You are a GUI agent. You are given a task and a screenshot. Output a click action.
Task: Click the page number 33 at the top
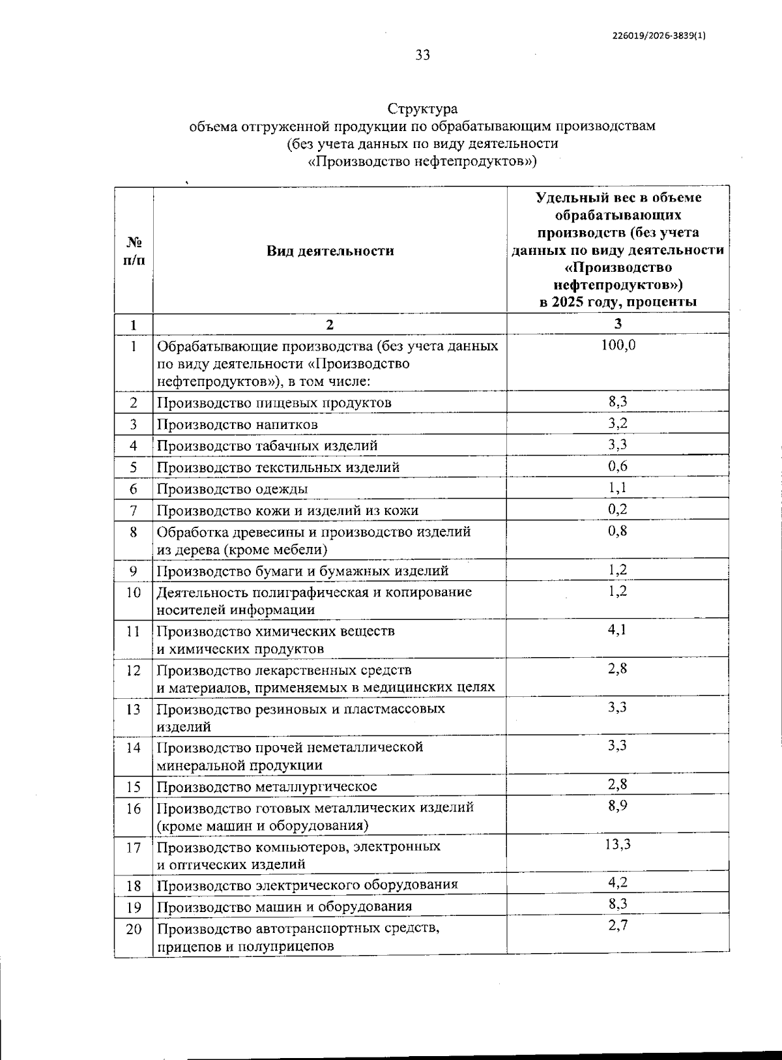click(x=423, y=55)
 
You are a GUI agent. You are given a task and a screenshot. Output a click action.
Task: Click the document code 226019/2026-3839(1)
click(x=659, y=36)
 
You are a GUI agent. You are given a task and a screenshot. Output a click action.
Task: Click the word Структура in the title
click(x=422, y=109)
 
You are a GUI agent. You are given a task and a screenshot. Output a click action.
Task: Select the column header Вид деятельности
click(x=330, y=251)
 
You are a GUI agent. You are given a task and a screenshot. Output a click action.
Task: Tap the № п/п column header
click(x=134, y=251)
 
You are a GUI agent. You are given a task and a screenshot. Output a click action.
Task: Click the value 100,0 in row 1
click(x=618, y=345)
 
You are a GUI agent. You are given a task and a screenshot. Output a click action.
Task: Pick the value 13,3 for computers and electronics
click(x=618, y=845)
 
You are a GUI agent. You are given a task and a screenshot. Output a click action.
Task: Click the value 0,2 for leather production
click(x=618, y=509)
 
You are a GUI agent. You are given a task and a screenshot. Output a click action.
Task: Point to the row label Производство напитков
click(x=237, y=424)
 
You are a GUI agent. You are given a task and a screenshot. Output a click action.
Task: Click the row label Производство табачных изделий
click(x=267, y=446)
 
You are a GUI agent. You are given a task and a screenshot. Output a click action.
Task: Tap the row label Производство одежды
click(x=232, y=489)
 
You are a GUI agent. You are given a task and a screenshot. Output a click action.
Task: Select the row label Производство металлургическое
click(x=267, y=787)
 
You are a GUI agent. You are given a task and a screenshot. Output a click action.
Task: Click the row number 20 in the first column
click(x=134, y=929)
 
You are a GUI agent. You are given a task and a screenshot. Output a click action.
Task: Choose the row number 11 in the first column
click(x=134, y=632)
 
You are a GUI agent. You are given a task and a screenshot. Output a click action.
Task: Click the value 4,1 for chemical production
click(x=618, y=630)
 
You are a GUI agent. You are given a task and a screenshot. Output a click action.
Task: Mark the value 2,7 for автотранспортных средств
click(x=618, y=925)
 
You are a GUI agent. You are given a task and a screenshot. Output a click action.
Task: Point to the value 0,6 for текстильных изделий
click(x=618, y=466)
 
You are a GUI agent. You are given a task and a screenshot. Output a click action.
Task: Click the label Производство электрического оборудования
click(x=307, y=885)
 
